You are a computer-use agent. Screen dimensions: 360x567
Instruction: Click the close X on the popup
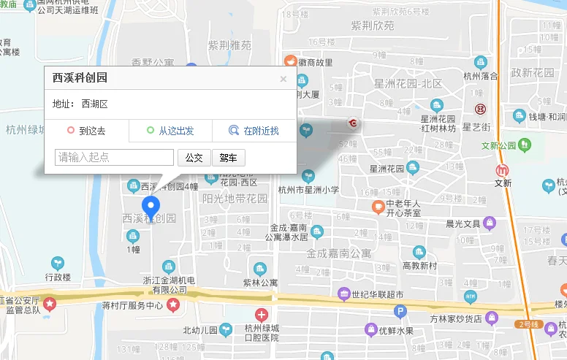283,79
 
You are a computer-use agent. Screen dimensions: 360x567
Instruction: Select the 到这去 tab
86,131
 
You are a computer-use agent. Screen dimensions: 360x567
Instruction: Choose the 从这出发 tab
170,131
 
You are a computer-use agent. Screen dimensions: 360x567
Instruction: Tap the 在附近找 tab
254,131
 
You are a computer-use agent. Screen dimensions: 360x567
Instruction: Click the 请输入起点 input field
115,157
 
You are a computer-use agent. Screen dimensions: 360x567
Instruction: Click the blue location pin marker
151,207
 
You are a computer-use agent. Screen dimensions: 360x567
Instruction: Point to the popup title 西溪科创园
80,78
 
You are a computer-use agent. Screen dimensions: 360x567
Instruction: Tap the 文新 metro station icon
502,169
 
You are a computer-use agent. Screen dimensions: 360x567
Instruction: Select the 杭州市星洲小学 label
309,190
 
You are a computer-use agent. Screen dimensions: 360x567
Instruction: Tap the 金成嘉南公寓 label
339,254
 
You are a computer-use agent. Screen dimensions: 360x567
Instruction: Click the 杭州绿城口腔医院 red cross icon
261,316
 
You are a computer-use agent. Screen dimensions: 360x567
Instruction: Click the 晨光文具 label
463,223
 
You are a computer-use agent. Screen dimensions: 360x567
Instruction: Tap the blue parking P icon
400,312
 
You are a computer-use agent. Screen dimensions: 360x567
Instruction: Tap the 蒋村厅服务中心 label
132,305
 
